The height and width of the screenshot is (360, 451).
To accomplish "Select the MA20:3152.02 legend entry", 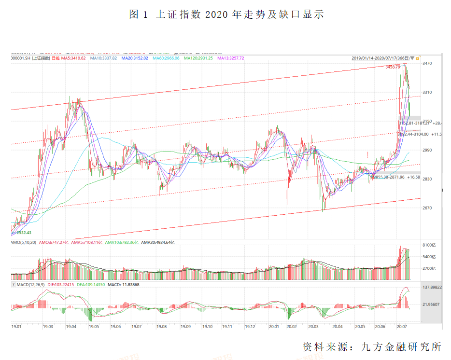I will click(134, 58).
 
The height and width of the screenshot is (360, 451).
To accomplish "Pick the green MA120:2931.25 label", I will click(198, 58).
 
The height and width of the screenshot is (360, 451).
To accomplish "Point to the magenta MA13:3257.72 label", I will click(230, 58).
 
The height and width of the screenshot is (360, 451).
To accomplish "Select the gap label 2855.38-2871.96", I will click(390, 177).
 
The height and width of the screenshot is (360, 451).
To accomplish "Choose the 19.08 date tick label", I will click(161, 327).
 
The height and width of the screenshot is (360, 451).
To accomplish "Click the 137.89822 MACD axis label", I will click(432, 287).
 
